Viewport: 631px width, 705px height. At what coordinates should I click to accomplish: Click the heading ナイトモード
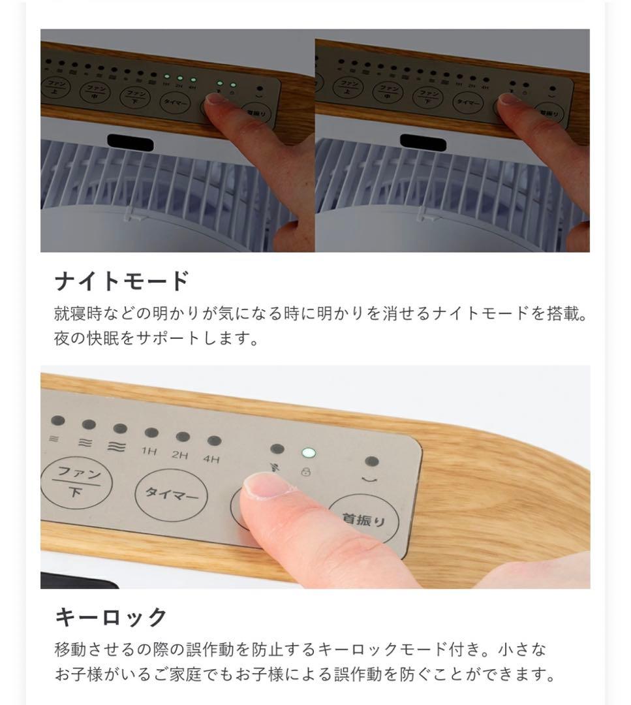tap(122, 281)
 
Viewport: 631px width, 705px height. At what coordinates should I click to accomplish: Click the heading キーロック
tap(112, 617)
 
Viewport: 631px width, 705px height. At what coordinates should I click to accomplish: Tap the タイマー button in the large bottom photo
tap(171, 495)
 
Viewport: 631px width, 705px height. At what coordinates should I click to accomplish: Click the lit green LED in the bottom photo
tap(307, 452)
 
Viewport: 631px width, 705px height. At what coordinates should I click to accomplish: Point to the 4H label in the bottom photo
tap(211, 459)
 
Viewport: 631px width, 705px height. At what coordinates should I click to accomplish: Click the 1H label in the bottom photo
tap(149, 451)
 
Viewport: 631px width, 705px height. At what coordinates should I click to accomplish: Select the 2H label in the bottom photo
tap(180, 455)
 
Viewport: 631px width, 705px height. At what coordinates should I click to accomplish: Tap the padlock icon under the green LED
tap(305, 471)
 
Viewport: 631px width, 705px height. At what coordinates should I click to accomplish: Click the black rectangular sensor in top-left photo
tap(130, 142)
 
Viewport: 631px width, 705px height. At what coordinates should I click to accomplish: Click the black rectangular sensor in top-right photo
tap(423, 142)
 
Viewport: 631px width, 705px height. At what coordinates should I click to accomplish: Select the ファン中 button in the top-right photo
tap(390, 91)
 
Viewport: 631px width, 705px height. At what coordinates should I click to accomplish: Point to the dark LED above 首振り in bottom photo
tap(372, 462)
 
